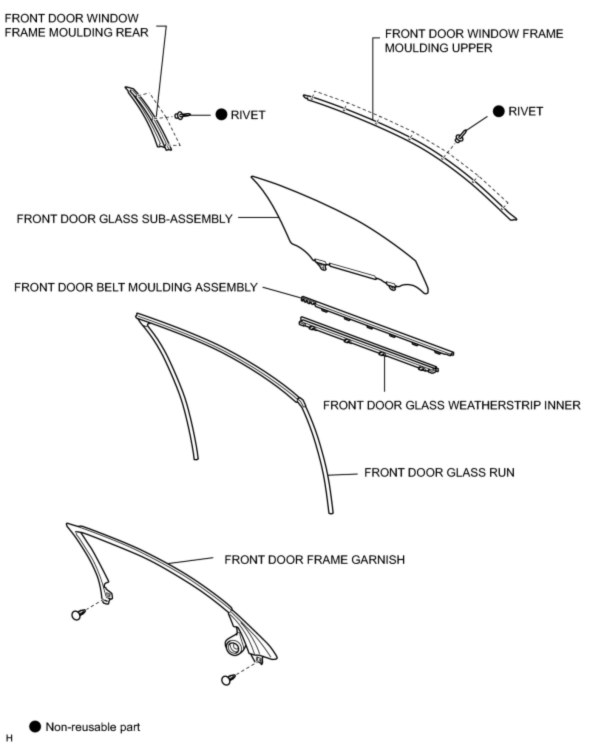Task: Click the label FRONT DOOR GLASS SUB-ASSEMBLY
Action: [124, 219]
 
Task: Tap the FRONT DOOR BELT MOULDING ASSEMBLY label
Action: [135, 287]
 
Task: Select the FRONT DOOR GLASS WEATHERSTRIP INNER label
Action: [451, 405]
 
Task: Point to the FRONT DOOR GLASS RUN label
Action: [439, 472]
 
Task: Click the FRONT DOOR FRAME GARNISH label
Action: [314, 559]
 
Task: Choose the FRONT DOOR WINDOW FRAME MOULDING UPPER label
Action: [473, 40]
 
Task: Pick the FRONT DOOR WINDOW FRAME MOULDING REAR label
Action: [76, 25]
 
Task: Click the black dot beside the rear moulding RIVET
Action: [221, 114]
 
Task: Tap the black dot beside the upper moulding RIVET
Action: [498, 111]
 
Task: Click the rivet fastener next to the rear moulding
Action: [182, 115]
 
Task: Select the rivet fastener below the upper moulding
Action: [460, 136]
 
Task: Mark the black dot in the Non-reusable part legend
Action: [35, 726]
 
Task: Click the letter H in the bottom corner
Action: [9, 738]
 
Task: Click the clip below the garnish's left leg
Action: [77, 614]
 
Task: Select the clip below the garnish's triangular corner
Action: [227, 679]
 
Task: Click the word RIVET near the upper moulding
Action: [525, 111]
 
